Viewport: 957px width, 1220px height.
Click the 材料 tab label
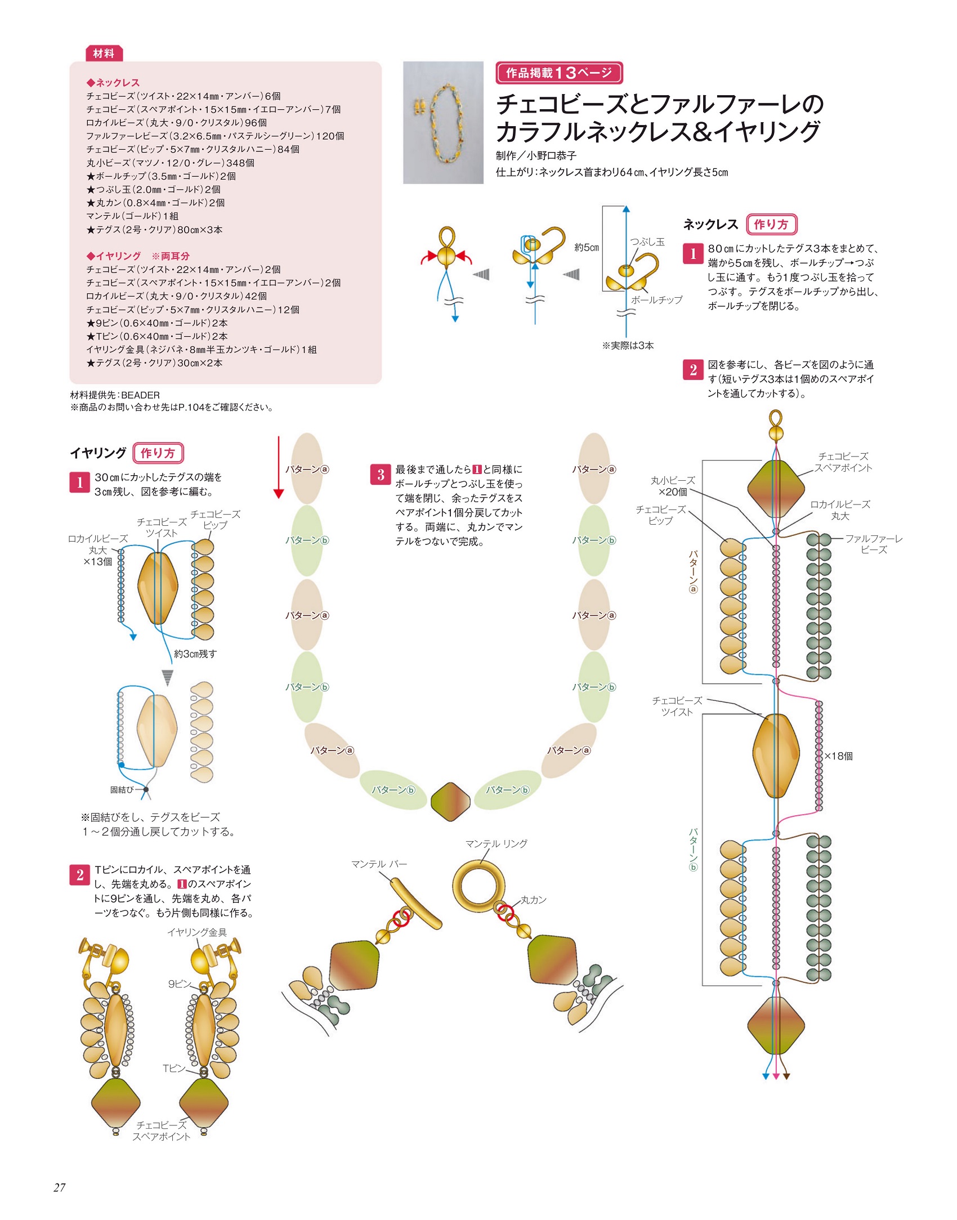coord(104,53)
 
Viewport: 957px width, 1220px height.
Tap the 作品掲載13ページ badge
coord(558,73)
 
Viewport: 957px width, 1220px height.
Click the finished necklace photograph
coord(443,122)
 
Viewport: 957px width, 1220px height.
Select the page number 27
coord(60,1187)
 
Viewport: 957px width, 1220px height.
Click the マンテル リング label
coord(496,843)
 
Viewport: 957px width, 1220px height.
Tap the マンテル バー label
coord(379,864)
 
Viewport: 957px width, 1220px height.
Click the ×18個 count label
coord(838,756)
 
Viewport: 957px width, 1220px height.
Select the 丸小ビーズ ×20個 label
coord(673,486)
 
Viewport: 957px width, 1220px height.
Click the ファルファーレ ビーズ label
coord(874,544)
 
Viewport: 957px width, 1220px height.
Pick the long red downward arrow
coord(278,467)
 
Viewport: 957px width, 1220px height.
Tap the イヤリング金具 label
coord(196,932)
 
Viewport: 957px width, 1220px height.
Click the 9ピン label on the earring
coord(179,984)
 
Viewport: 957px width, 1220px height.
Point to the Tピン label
coord(173,1068)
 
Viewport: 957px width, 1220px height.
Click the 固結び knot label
coord(122,790)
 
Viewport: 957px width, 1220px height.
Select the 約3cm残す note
coord(195,654)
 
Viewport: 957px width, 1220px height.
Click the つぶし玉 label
coord(647,242)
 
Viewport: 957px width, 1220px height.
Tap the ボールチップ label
coord(656,300)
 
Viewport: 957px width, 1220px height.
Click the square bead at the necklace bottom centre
coord(450,802)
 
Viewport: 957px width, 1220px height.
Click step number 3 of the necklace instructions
coord(381,475)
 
